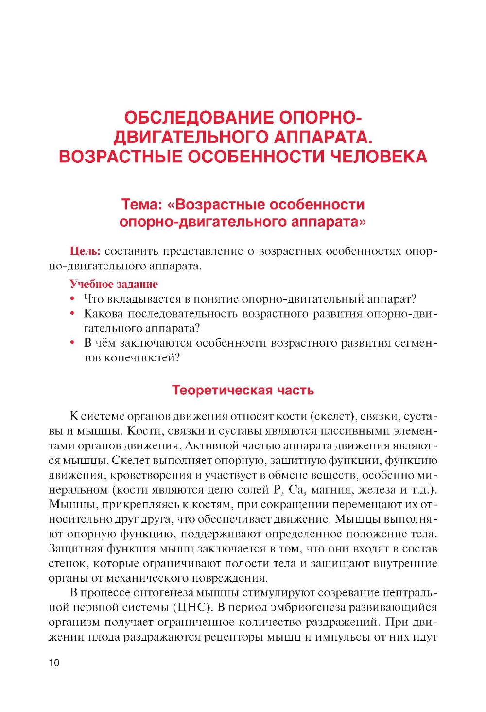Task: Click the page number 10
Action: [x=54, y=662]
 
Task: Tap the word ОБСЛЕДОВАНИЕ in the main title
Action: [x=199, y=118]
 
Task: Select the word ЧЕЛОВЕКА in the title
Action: [x=379, y=157]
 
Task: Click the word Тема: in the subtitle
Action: [x=141, y=205]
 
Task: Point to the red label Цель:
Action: [x=85, y=251]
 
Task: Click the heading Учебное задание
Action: [x=114, y=284]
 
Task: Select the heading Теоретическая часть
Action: [x=243, y=391]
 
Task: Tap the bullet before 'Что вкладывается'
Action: [x=73, y=299]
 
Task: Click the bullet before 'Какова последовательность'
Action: [x=73, y=314]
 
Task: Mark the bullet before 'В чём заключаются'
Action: [x=73, y=343]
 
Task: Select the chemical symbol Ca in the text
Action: [x=296, y=490]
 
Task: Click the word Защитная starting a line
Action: [x=75, y=549]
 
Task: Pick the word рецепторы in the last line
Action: [x=233, y=637]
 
